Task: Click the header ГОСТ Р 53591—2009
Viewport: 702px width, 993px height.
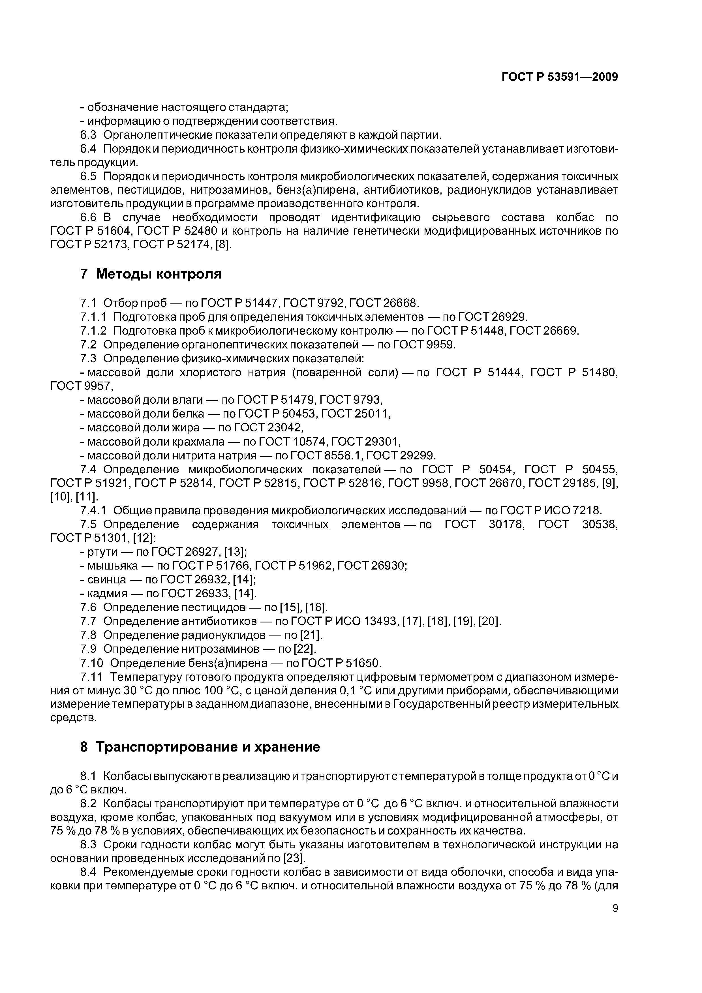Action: [559, 77]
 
